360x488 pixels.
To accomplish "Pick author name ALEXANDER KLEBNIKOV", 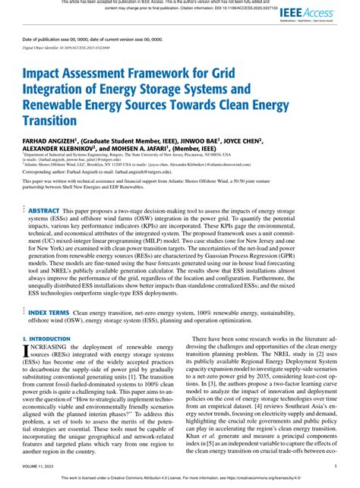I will click(62, 150).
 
